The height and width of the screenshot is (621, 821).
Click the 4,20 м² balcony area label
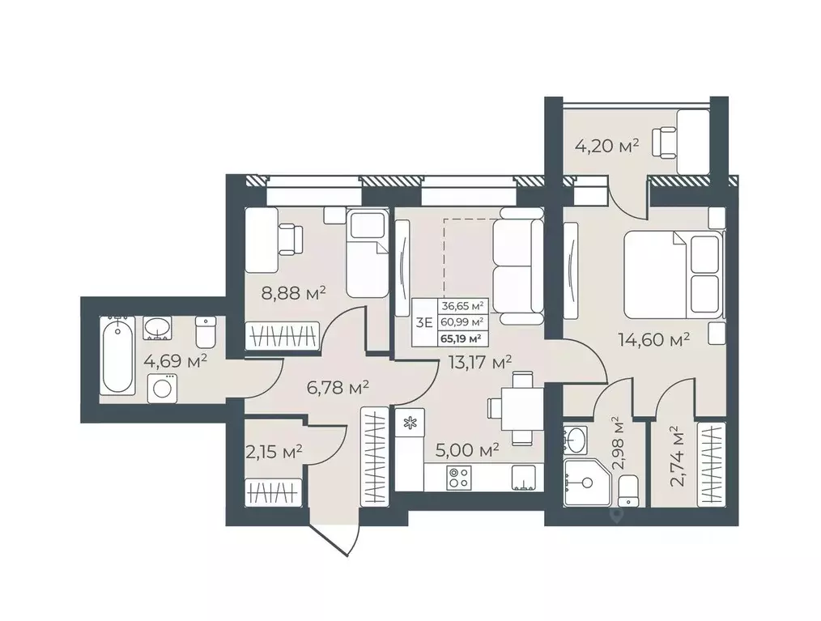(606, 146)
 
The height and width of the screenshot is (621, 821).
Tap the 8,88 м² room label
(291, 292)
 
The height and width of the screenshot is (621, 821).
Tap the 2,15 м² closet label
(273, 450)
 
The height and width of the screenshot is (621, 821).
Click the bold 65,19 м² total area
(462, 338)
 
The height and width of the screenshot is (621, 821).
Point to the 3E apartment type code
(423, 322)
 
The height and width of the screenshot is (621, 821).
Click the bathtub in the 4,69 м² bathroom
(118, 357)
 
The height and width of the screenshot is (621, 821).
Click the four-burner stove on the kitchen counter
(459, 478)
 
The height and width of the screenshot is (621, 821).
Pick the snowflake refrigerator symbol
(409, 422)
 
